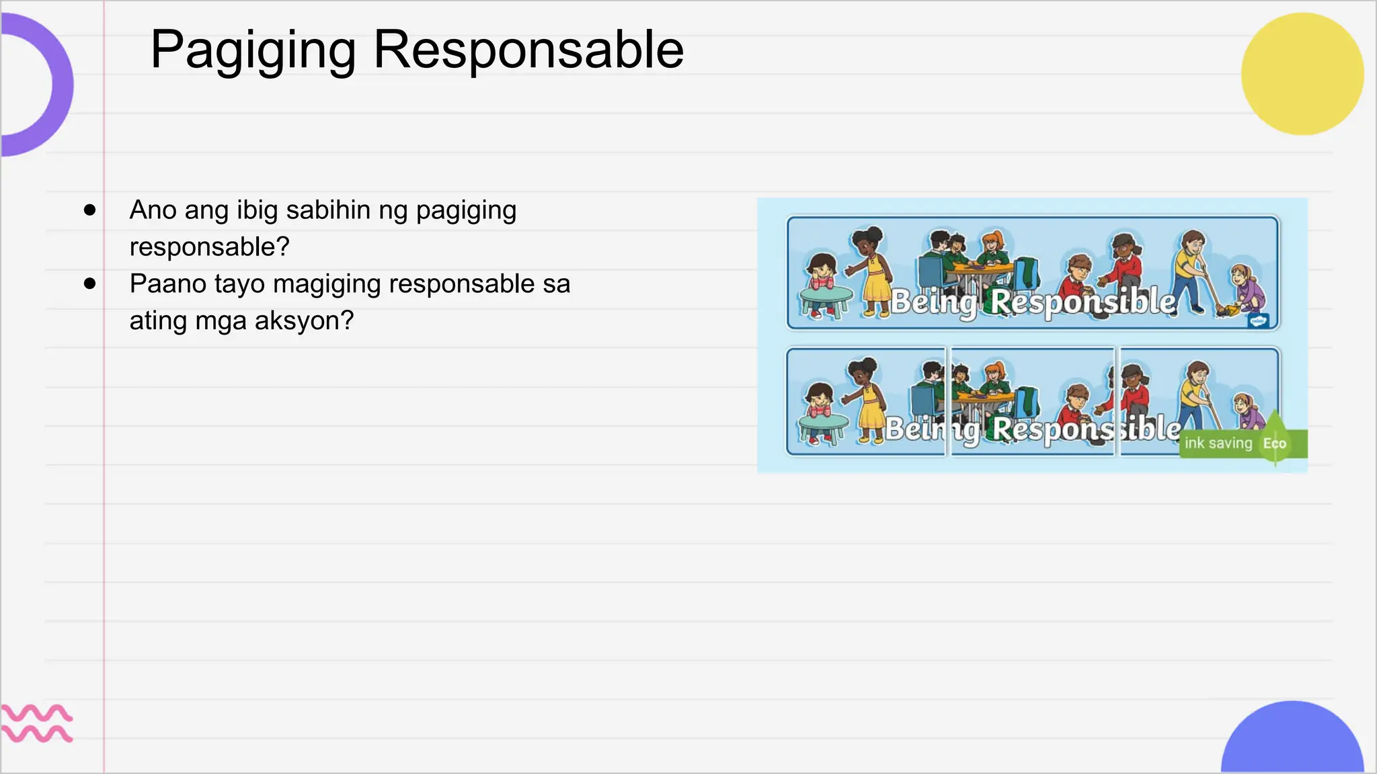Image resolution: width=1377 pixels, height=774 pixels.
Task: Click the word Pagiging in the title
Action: (253, 51)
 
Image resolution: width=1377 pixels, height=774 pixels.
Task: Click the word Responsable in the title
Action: (528, 50)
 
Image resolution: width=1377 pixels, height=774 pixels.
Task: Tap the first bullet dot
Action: (90, 210)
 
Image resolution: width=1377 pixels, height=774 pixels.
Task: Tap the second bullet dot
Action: (90, 284)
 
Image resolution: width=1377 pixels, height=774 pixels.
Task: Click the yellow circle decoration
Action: (1302, 74)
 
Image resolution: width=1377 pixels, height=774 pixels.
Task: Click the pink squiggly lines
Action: (36, 723)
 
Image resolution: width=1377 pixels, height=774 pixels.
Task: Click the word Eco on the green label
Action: (1274, 443)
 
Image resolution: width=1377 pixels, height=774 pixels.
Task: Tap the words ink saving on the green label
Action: (1218, 443)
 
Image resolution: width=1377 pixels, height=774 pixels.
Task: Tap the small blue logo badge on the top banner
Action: (1258, 320)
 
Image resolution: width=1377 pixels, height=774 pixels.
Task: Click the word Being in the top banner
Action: (935, 302)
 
